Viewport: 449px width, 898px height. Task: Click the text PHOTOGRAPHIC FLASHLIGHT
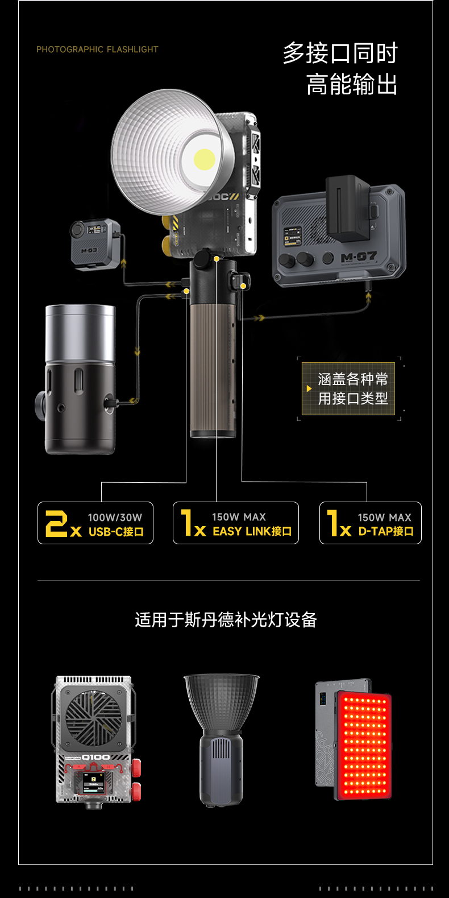tap(97, 49)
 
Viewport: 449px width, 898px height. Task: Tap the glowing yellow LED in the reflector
tap(204, 159)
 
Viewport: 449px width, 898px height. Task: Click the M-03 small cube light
tap(95, 243)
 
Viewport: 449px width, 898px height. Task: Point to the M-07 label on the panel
tap(359, 258)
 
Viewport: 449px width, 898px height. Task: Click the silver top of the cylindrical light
tap(80, 333)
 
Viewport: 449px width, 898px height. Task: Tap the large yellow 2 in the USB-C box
tap(57, 523)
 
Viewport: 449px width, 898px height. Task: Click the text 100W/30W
tap(115, 518)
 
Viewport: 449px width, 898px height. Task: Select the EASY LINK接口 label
tap(252, 531)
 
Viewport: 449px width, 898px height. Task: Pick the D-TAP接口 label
tap(386, 531)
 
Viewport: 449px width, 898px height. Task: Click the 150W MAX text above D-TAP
tap(384, 518)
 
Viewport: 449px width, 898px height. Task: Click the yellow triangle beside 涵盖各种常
tap(309, 388)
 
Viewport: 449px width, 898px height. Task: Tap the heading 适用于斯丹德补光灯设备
tap(226, 619)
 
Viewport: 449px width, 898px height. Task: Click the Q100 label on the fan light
tap(96, 757)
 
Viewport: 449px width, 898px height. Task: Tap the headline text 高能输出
tap(352, 85)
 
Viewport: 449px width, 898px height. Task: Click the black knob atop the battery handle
tap(203, 259)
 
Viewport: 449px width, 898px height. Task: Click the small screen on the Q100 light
tap(94, 783)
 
